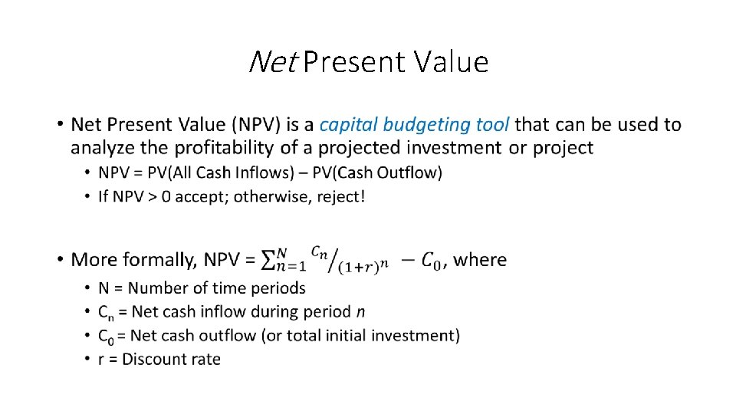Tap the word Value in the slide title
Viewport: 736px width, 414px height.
tap(452, 62)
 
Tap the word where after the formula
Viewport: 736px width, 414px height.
tap(480, 259)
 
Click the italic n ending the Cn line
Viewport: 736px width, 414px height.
tap(360, 312)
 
